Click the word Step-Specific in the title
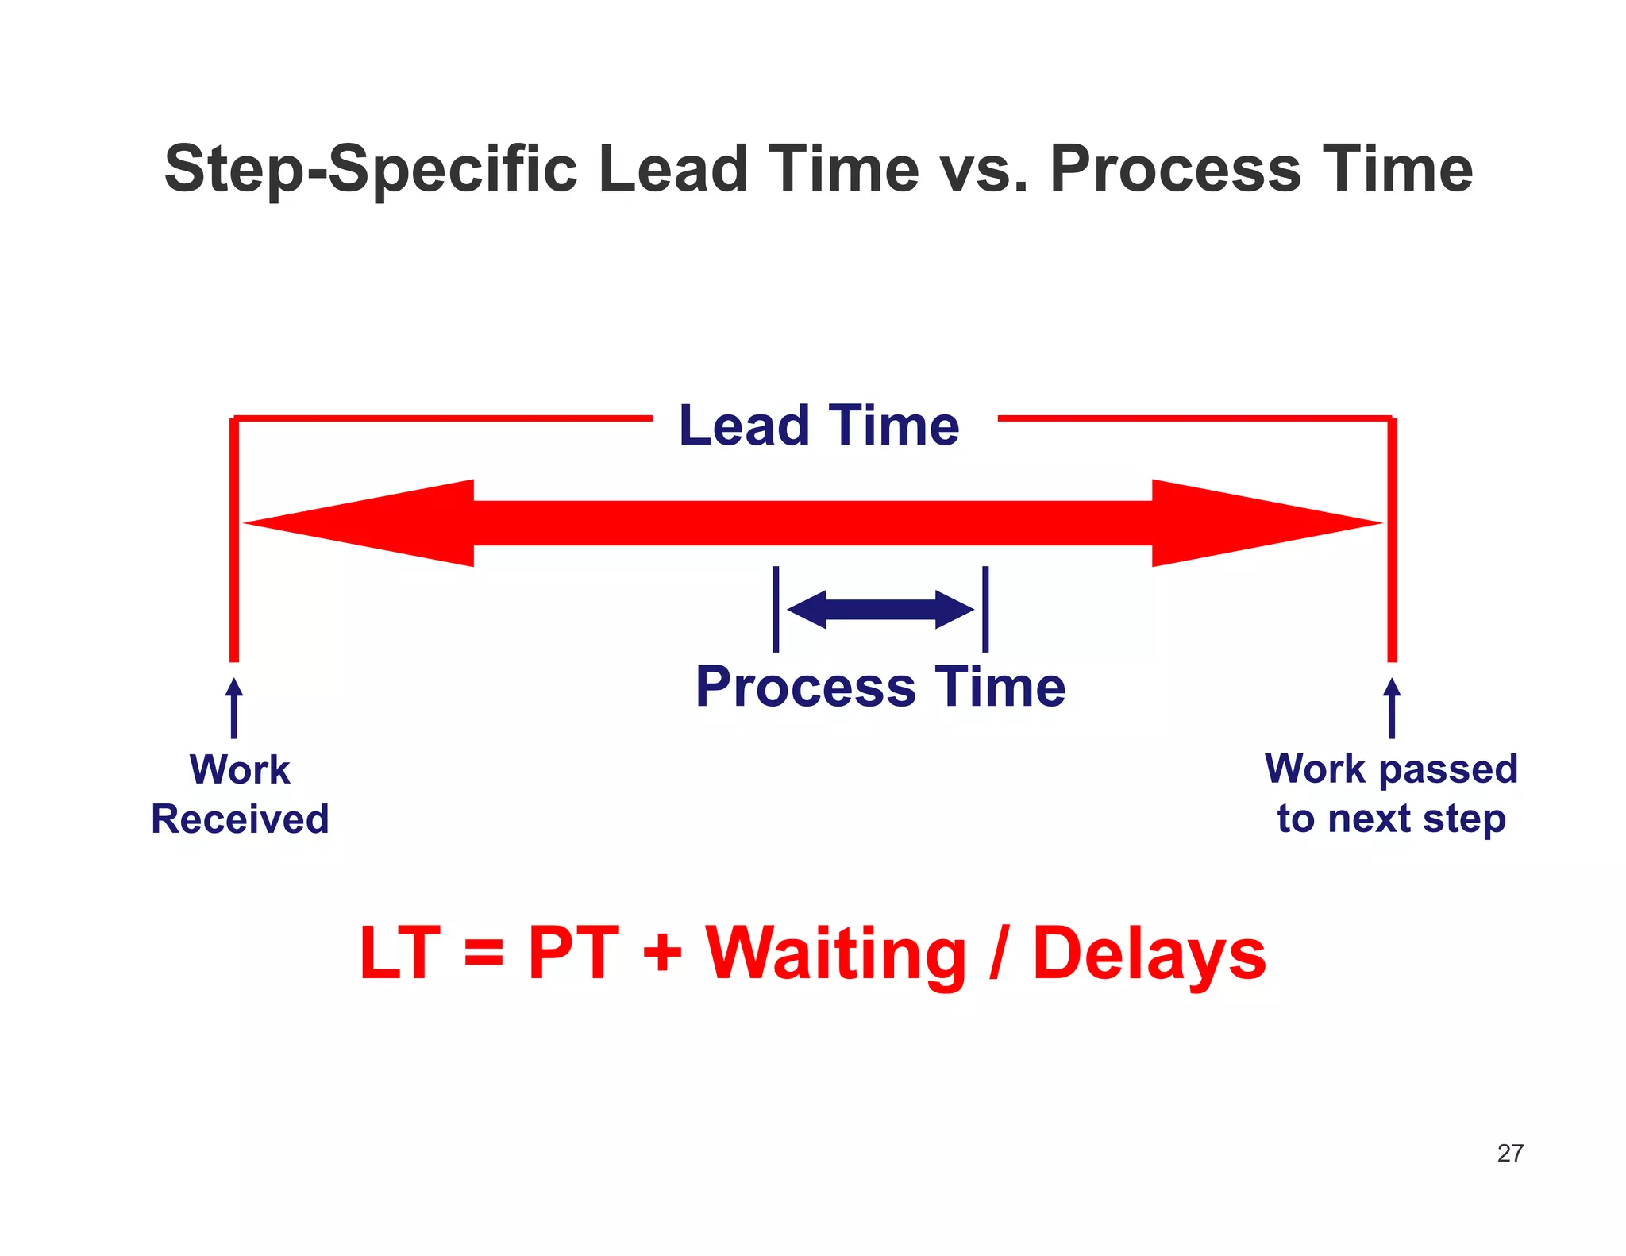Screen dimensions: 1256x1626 click(371, 169)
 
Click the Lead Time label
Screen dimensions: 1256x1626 click(819, 426)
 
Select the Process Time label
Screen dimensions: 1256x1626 click(880, 687)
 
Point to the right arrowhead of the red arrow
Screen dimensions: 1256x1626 click(1262, 523)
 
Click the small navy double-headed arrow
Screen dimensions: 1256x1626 click(880, 610)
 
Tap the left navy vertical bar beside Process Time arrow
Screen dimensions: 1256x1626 click(776, 609)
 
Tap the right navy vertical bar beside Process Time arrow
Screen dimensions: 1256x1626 click(985, 609)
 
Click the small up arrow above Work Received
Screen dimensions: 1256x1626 click(234, 707)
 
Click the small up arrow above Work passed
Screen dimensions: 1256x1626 click(1392, 707)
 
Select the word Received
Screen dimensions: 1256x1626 click(240, 819)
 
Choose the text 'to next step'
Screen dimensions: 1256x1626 click(1391, 819)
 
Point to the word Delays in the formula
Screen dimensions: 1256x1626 click(1149, 954)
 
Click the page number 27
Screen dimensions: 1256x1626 click(1510, 1153)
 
